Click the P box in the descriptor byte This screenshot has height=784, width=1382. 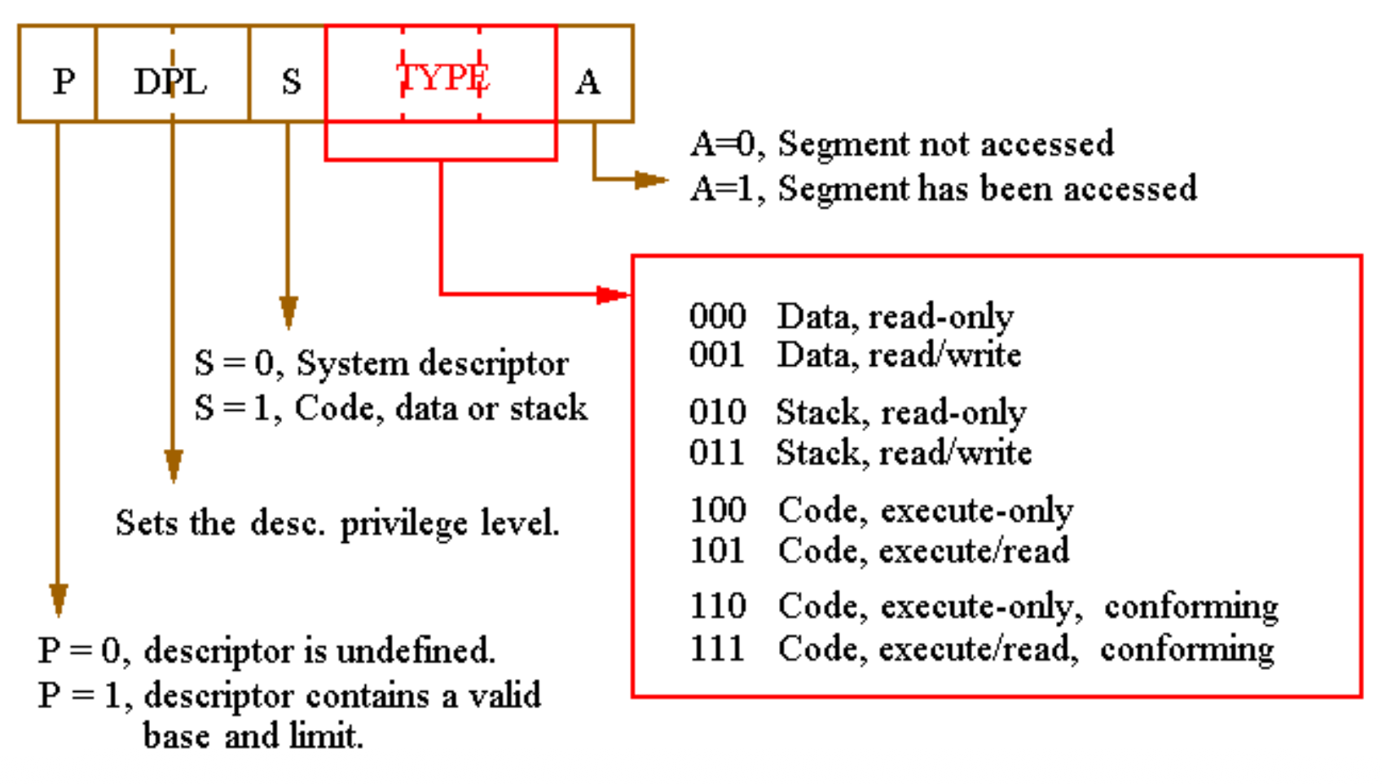[x=58, y=80]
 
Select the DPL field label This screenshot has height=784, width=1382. [x=171, y=81]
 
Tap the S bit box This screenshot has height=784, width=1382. [x=289, y=81]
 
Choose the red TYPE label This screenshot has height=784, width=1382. [x=442, y=77]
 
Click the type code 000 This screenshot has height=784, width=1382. [x=717, y=316]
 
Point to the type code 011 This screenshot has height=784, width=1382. [x=717, y=452]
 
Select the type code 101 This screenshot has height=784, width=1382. [x=717, y=551]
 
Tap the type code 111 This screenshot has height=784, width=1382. [x=717, y=649]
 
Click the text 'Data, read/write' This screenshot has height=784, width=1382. [x=899, y=355]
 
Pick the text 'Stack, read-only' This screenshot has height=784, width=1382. [x=900, y=412]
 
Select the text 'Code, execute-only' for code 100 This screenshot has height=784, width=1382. [x=925, y=511]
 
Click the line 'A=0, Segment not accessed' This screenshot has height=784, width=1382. [x=902, y=144]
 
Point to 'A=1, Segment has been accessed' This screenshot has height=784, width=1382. [x=944, y=188]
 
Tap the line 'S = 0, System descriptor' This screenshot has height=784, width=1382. [x=381, y=363]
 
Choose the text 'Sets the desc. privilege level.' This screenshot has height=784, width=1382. [x=337, y=523]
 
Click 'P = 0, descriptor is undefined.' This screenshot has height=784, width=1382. [x=266, y=651]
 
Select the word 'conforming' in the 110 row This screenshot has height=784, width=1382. [x=1191, y=607]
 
